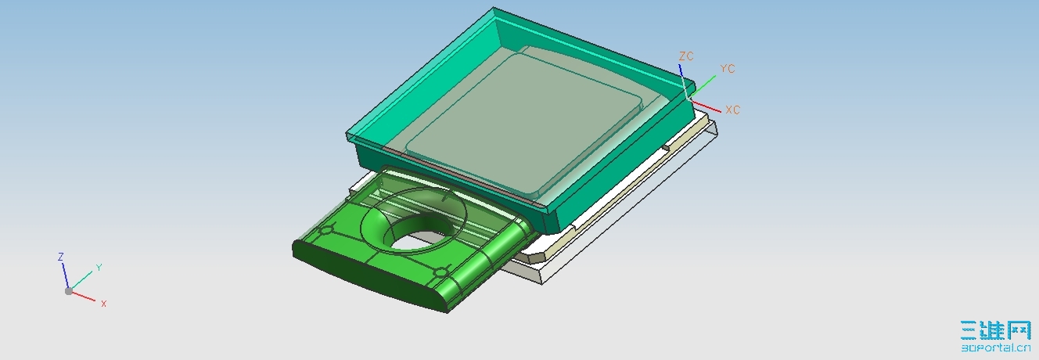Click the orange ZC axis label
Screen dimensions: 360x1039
(x=686, y=56)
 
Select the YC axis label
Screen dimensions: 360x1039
(x=727, y=69)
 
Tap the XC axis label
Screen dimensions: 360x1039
(x=732, y=110)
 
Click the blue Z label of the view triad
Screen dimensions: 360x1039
(x=60, y=257)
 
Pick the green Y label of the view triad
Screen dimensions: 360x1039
(x=99, y=268)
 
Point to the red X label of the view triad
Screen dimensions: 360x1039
(x=103, y=303)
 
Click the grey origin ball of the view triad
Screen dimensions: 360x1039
(x=69, y=291)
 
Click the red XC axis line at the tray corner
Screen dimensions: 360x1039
(x=706, y=106)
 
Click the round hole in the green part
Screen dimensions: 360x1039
(x=418, y=236)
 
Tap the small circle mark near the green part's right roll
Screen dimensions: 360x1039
(x=439, y=272)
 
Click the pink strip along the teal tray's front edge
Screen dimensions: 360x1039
(x=462, y=177)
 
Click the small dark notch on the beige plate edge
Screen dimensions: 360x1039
(x=666, y=146)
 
